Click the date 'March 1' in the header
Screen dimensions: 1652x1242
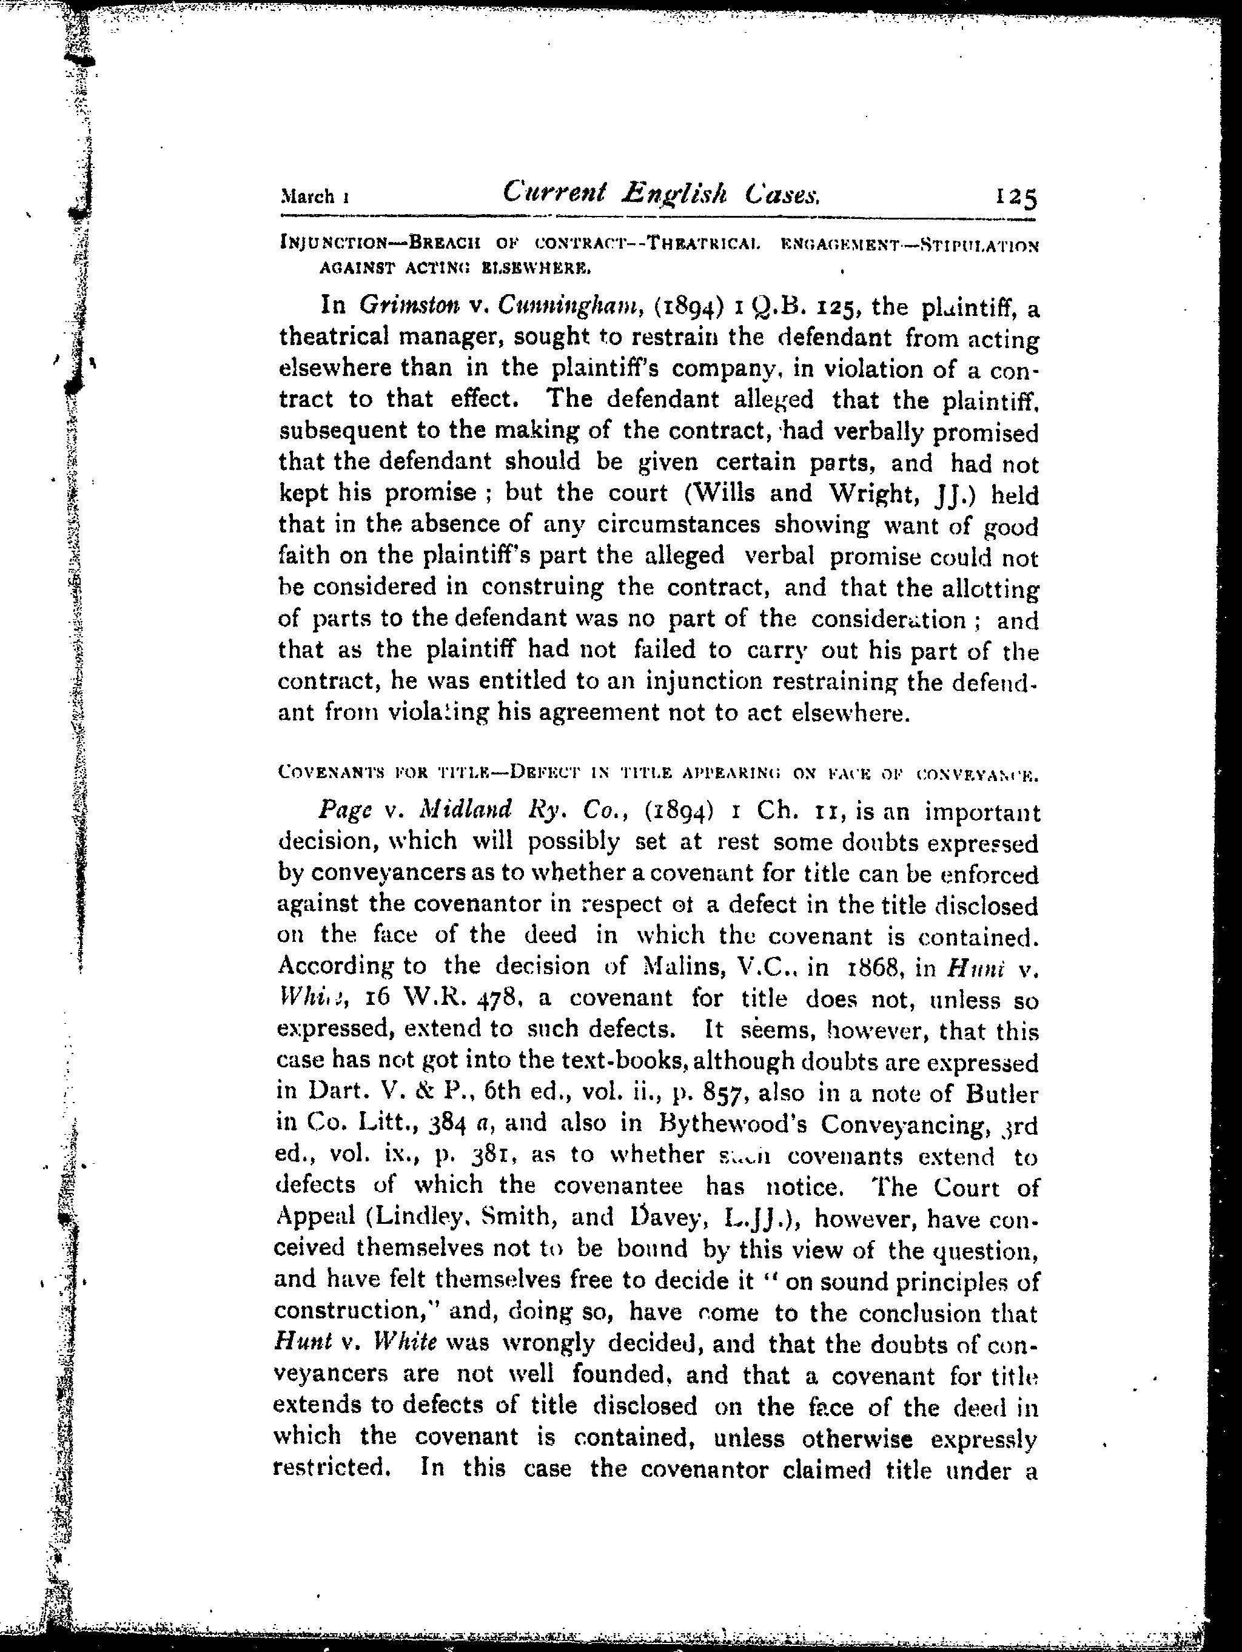click(x=314, y=197)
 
